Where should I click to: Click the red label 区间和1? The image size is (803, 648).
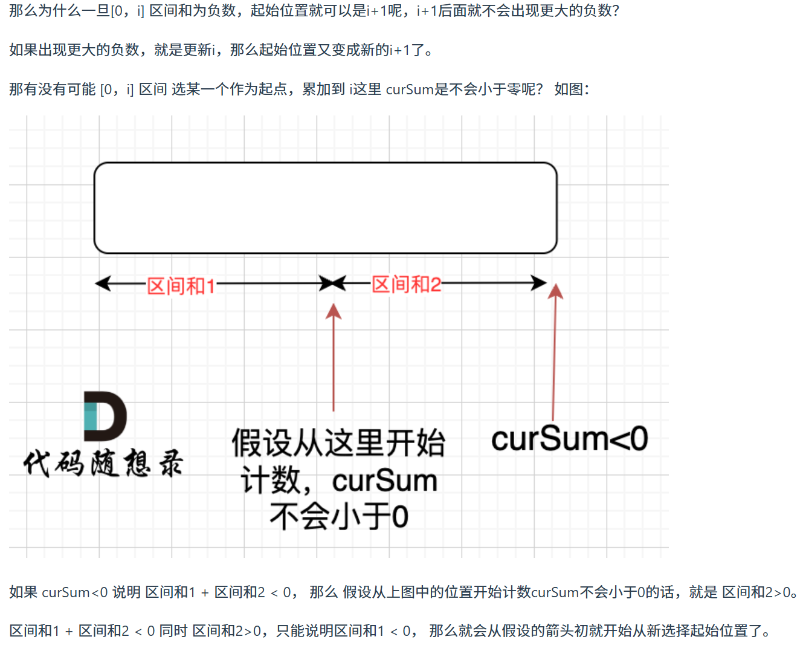click(x=181, y=286)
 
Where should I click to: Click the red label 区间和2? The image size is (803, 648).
click(x=406, y=284)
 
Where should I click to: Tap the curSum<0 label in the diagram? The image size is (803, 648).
click(x=569, y=439)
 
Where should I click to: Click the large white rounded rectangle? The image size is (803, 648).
click(x=325, y=207)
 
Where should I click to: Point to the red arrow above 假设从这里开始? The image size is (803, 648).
click(x=334, y=357)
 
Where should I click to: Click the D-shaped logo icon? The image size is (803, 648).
click(x=105, y=416)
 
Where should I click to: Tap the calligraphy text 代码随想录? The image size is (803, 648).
click(x=103, y=464)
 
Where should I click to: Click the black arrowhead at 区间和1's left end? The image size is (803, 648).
click(x=103, y=283)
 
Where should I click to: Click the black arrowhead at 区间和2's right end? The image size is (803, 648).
click(x=538, y=282)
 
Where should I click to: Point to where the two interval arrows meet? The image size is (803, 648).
click(x=332, y=283)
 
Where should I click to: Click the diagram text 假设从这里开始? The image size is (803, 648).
click(x=338, y=443)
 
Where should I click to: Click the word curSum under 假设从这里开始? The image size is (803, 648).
click(x=384, y=481)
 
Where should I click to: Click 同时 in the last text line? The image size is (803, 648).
click(x=173, y=632)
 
